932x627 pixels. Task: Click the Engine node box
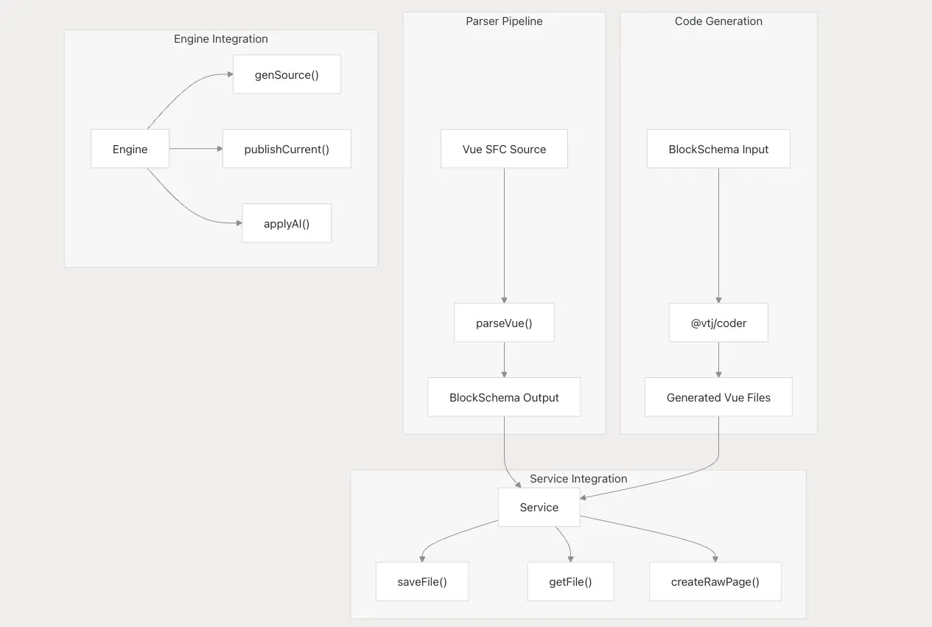[130, 149]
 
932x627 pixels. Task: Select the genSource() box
[287, 74]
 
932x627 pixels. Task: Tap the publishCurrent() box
[287, 149]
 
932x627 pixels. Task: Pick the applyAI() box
[287, 223]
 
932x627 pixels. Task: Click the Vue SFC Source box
[504, 149]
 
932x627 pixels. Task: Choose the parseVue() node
[504, 323]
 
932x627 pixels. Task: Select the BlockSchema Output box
[504, 397]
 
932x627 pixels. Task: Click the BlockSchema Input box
[718, 149]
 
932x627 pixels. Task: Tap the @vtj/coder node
[718, 323]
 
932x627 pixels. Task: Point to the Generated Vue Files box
[718, 397]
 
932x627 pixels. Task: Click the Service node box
[539, 507]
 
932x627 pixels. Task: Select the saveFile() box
[422, 581]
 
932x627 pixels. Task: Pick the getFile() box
[570, 581]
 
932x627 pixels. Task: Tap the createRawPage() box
[715, 581]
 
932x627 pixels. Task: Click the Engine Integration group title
[221, 39]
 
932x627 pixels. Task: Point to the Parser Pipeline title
[504, 21]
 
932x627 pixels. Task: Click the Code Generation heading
[718, 21]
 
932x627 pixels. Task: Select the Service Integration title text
[578, 478]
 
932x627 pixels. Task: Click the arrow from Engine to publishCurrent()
[196, 149]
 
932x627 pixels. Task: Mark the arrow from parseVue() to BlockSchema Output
[504, 360]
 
